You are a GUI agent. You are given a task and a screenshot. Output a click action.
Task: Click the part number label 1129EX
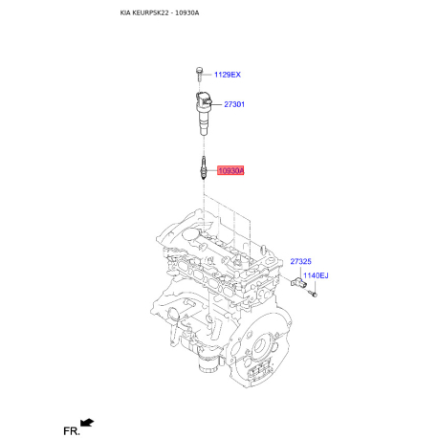click(229, 74)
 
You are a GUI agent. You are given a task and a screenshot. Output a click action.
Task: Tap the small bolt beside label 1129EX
click(198, 74)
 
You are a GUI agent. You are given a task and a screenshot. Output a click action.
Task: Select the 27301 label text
click(234, 104)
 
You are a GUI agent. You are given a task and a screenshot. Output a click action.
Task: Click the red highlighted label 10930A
click(230, 171)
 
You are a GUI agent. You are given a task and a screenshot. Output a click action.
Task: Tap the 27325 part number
click(301, 260)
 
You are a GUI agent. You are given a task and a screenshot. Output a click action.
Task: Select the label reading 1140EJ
click(316, 275)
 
